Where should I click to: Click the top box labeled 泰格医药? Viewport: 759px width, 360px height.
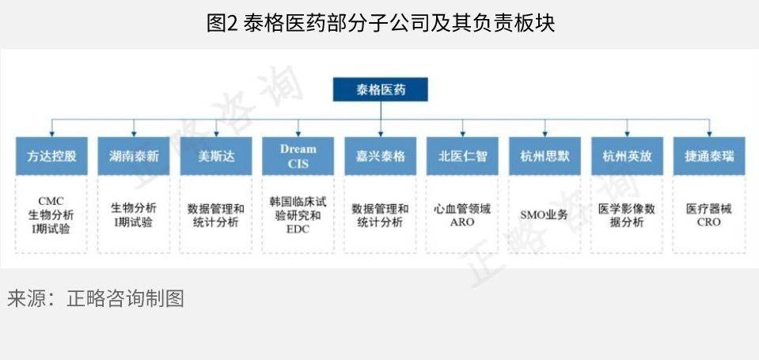click(x=381, y=89)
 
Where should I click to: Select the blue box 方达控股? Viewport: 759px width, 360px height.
click(x=51, y=156)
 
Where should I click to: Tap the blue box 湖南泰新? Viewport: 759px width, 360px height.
click(x=134, y=156)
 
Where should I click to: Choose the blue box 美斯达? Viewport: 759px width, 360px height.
click(x=216, y=156)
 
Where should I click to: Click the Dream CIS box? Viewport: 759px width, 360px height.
click(x=298, y=156)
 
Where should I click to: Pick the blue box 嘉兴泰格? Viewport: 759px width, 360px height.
click(x=381, y=156)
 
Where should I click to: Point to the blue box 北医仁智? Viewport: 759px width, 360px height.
click(x=462, y=156)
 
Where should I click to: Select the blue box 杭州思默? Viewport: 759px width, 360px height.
click(x=545, y=156)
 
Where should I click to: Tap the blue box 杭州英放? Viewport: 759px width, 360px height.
click(x=627, y=156)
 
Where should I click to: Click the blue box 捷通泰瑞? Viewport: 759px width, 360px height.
click(x=709, y=156)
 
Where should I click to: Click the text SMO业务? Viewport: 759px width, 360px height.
click(x=544, y=215)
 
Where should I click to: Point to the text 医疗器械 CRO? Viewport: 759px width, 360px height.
click(x=709, y=215)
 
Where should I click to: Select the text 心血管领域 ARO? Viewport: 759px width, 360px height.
click(x=462, y=215)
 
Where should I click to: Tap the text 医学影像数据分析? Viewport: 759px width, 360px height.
click(x=627, y=215)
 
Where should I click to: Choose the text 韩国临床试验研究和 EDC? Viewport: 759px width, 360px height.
click(x=298, y=215)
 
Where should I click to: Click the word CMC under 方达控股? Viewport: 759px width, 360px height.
click(x=51, y=201)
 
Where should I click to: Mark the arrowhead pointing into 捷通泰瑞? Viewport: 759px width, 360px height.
click(x=709, y=133)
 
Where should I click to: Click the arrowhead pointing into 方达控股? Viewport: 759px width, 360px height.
click(x=51, y=133)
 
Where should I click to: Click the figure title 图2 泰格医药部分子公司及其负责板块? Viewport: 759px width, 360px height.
click(x=381, y=23)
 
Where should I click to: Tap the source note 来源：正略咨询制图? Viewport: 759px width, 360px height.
click(x=95, y=298)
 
